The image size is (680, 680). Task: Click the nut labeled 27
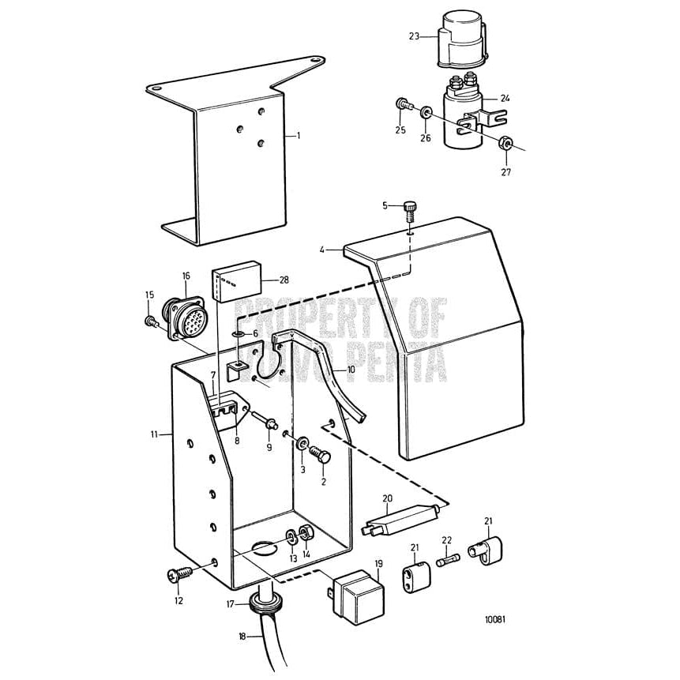point(507,145)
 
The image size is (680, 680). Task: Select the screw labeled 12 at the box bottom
point(175,577)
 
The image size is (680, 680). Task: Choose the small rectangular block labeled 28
point(234,280)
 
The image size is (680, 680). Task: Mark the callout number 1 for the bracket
point(299,136)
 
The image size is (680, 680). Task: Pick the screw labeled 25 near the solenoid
point(404,103)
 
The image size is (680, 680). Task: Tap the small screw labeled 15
point(150,321)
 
